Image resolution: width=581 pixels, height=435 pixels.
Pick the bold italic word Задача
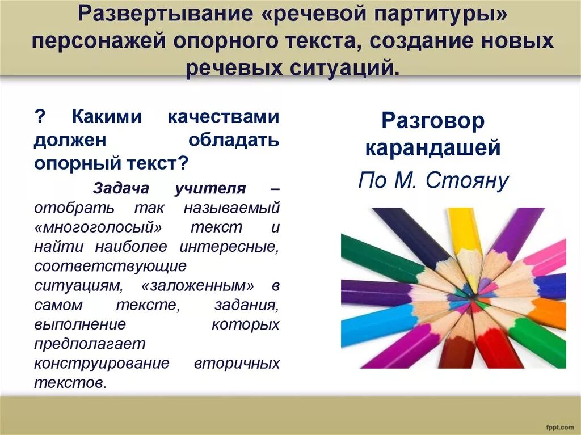point(119,188)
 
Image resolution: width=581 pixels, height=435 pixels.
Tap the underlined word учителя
point(210,188)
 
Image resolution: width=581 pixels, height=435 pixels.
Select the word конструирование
point(102,363)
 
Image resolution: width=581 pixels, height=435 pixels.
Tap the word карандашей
point(433,149)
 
